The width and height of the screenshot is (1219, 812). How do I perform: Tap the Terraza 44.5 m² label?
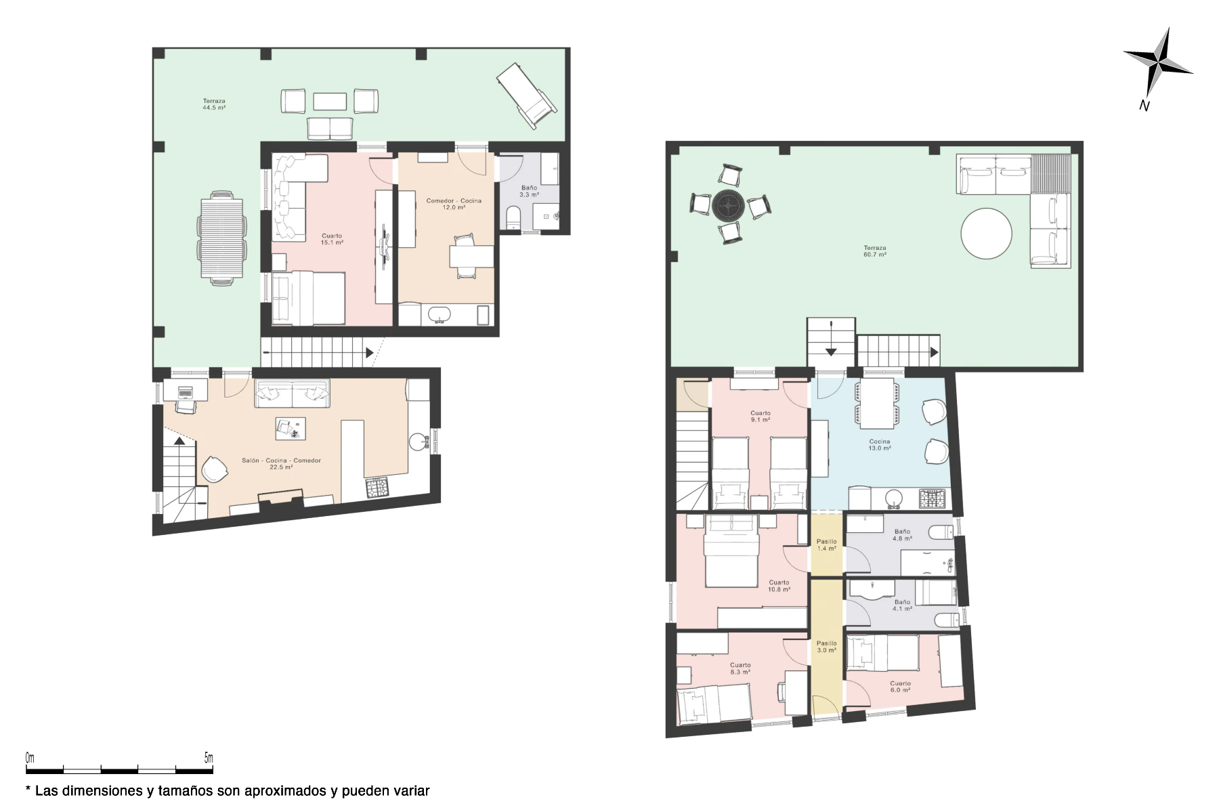pos(214,104)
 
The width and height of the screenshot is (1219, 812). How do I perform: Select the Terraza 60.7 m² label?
pos(875,251)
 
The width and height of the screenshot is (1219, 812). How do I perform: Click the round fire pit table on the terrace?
pos(728,205)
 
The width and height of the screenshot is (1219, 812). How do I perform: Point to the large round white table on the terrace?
pos(986,234)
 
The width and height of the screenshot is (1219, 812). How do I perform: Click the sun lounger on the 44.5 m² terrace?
pos(527,95)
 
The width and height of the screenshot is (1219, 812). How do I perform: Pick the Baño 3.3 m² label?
pos(530,192)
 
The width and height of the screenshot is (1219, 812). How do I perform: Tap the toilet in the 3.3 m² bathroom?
pos(514,217)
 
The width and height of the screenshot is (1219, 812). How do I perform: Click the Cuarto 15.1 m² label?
pos(332,239)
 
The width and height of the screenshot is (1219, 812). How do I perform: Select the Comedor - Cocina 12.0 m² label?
pos(454,204)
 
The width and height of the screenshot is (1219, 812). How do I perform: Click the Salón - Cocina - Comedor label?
pos(281,461)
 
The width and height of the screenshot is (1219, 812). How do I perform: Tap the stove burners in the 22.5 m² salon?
pos(377,488)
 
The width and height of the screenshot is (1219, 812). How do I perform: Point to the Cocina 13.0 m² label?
pos(880,445)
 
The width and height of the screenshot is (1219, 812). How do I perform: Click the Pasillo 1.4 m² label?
pos(826,545)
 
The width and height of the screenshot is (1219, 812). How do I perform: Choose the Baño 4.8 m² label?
pos(902,535)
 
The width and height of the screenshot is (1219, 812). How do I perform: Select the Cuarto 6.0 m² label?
pos(901,687)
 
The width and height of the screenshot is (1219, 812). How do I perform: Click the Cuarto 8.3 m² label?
pos(740,668)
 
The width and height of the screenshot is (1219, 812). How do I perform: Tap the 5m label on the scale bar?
pos(209,758)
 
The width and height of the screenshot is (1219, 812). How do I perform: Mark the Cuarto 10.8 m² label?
pos(779,586)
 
